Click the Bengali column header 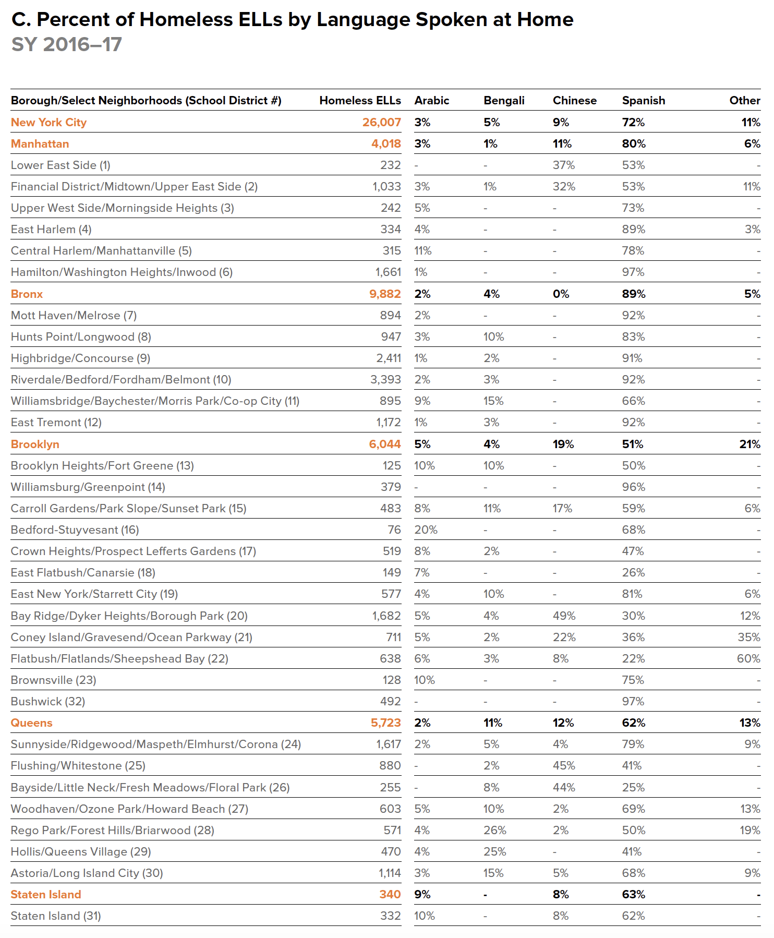pos(504,100)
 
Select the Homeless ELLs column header pos(360,100)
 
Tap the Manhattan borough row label pos(40,143)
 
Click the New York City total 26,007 pos(381,122)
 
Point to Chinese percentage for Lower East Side pos(563,165)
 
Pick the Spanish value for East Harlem pos(633,229)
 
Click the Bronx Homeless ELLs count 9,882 pos(385,294)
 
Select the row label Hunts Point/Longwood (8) pos(81,336)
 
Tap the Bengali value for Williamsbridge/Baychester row pos(493,401)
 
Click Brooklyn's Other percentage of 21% pos(749,444)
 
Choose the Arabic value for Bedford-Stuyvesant pos(426,530)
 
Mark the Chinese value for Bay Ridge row pos(564,616)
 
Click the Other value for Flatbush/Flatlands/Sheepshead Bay pos(748,658)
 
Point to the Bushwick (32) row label pos(48,701)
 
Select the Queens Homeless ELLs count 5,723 pos(385,723)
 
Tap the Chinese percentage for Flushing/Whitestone pos(564,765)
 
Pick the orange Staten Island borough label pos(46,894)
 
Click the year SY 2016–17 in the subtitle pos(67,44)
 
